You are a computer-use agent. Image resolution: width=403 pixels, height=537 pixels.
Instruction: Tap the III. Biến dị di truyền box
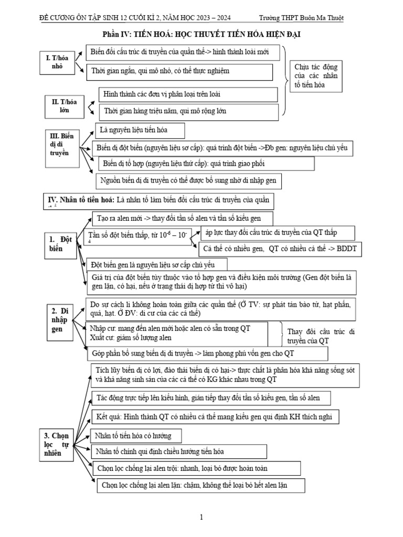[61, 145]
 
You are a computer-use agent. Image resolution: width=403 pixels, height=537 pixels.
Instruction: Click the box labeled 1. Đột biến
[60, 244]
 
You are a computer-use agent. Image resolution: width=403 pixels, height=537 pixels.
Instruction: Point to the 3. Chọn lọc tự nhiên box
[56, 445]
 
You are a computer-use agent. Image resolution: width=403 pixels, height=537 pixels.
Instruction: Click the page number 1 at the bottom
[201, 518]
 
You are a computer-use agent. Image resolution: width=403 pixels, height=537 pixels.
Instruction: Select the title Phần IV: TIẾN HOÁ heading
[201, 35]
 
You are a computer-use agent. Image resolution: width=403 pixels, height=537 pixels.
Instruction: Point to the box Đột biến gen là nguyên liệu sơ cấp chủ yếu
[158, 264]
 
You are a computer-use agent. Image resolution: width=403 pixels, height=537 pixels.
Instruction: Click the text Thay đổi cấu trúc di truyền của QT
[322, 336]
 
